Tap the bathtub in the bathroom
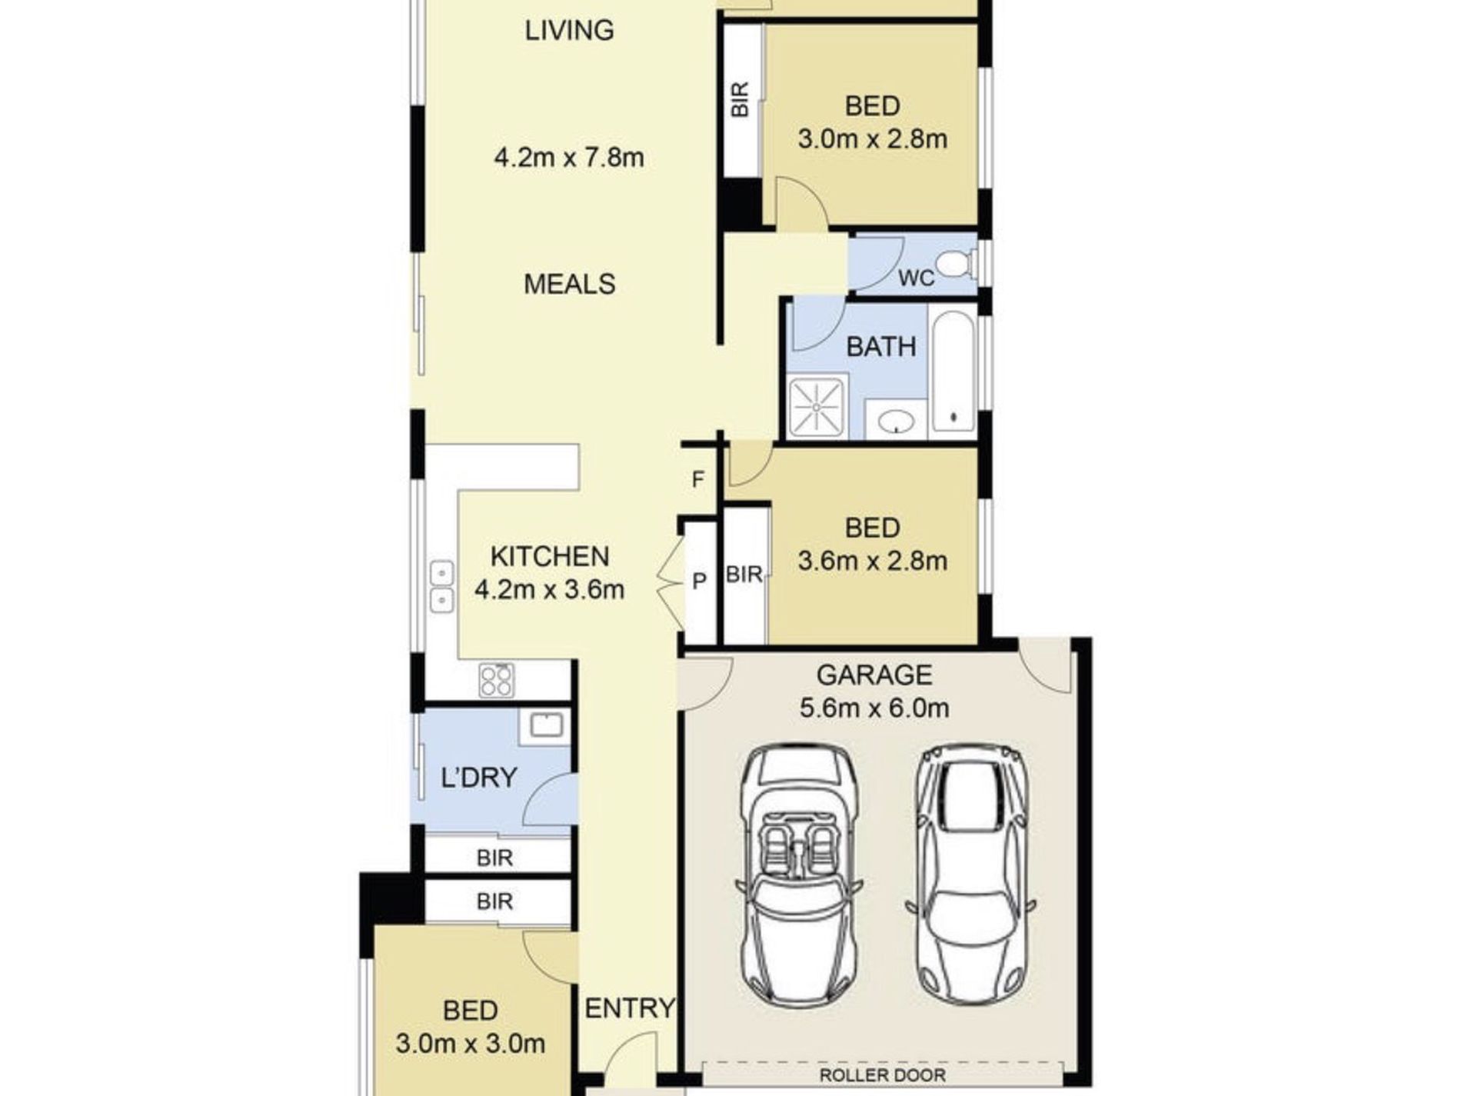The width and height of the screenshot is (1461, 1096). click(953, 371)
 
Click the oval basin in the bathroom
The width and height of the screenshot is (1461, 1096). click(896, 421)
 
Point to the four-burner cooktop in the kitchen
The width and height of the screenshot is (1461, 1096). click(496, 680)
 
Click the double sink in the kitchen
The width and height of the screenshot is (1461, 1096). click(441, 587)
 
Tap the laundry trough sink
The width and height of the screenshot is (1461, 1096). click(544, 725)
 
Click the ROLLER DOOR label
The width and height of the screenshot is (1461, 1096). click(882, 1075)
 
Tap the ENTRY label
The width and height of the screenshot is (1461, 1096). click(630, 1008)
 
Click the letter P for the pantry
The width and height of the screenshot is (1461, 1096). click(699, 581)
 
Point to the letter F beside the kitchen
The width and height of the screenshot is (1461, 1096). click(697, 480)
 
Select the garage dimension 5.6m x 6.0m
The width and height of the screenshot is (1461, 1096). click(874, 708)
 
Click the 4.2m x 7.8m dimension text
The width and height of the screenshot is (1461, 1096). click(569, 158)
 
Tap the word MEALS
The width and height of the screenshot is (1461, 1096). click(570, 285)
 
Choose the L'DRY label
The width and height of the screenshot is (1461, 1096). click(478, 778)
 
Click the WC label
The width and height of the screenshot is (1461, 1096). click(917, 278)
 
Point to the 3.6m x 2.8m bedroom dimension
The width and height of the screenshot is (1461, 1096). click(873, 561)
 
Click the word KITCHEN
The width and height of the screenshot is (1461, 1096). click(550, 556)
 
